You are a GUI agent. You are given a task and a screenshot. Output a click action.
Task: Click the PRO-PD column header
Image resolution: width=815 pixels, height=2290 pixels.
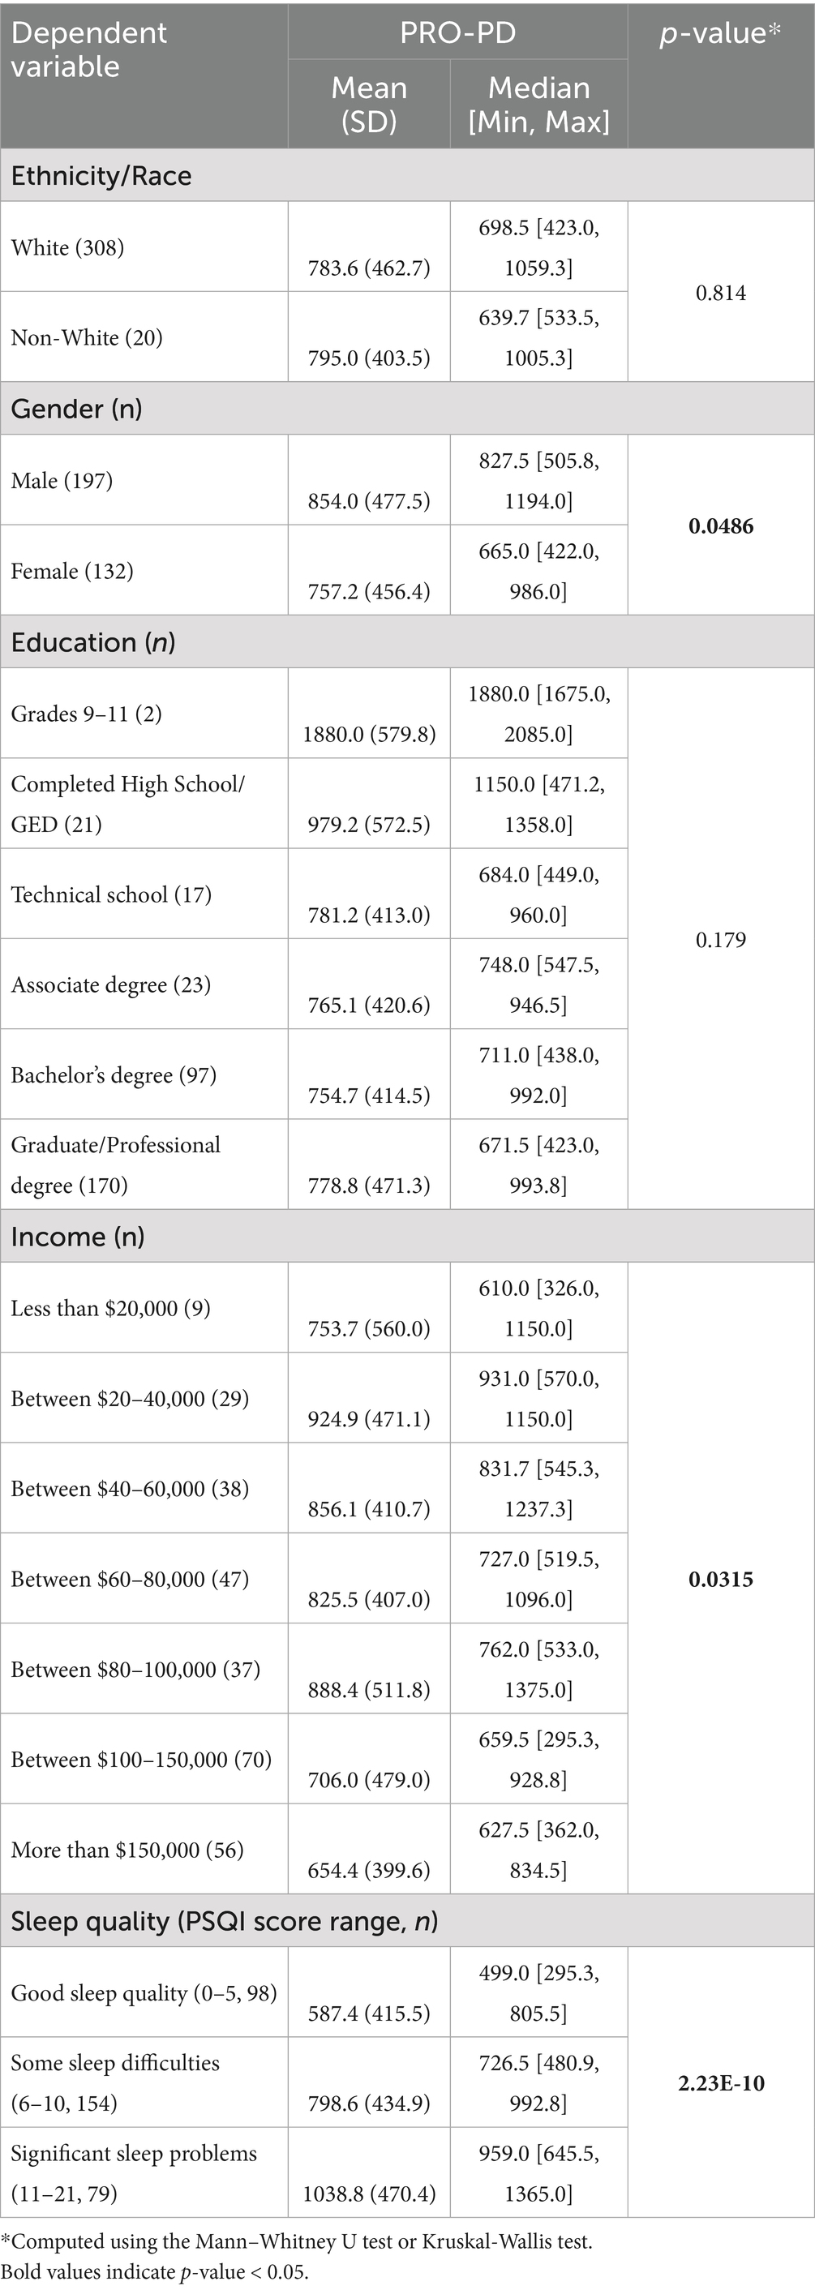tap(457, 33)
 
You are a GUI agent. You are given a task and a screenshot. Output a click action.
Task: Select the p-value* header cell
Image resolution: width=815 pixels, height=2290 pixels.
tap(720, 34)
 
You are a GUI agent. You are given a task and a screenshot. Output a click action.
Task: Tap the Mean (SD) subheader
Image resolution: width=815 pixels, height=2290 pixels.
tap(369, 104)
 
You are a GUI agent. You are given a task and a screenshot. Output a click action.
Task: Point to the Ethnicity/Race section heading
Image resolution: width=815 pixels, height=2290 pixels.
tap(101, 175)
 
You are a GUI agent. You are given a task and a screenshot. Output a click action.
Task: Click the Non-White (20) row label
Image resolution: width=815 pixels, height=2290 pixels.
tap(86, 338)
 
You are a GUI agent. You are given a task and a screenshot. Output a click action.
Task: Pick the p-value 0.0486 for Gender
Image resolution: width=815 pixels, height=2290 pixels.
tap(721, 525)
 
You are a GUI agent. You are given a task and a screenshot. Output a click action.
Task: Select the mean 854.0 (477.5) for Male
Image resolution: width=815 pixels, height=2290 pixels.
tap(369, 500)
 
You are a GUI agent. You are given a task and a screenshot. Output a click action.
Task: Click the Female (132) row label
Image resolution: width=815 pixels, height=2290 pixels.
tap(72, 571)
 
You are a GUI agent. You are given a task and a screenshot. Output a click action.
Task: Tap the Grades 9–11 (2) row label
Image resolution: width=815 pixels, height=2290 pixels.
tap(86, 714)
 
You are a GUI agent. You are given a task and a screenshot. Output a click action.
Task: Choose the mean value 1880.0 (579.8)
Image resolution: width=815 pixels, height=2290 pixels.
tap(369, 735)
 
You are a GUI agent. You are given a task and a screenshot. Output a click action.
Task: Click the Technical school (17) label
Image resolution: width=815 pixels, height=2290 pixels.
tap(111, 894)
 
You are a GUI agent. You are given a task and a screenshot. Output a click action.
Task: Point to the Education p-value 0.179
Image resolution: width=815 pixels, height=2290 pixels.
tap(721, 940)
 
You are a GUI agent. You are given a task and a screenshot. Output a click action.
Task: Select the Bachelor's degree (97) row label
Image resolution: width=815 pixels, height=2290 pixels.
tap(114, 1074)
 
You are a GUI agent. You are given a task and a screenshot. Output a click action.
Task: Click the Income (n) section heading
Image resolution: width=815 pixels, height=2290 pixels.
tap(77, 1236)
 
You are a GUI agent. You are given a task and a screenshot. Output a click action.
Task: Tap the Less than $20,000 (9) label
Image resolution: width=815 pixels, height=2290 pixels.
tap(110, 1308)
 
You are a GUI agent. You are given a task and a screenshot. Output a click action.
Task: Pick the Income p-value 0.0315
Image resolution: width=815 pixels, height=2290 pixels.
tap(721, 1579)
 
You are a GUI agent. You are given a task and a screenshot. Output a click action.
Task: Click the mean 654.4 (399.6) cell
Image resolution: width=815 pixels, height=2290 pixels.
tap(369, 1871)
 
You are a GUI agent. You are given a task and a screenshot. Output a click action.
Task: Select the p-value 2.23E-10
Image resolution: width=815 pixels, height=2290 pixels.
tap(721, 2083)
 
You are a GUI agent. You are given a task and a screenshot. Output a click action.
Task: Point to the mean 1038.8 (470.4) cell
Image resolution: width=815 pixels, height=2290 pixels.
tap(369, 2194)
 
